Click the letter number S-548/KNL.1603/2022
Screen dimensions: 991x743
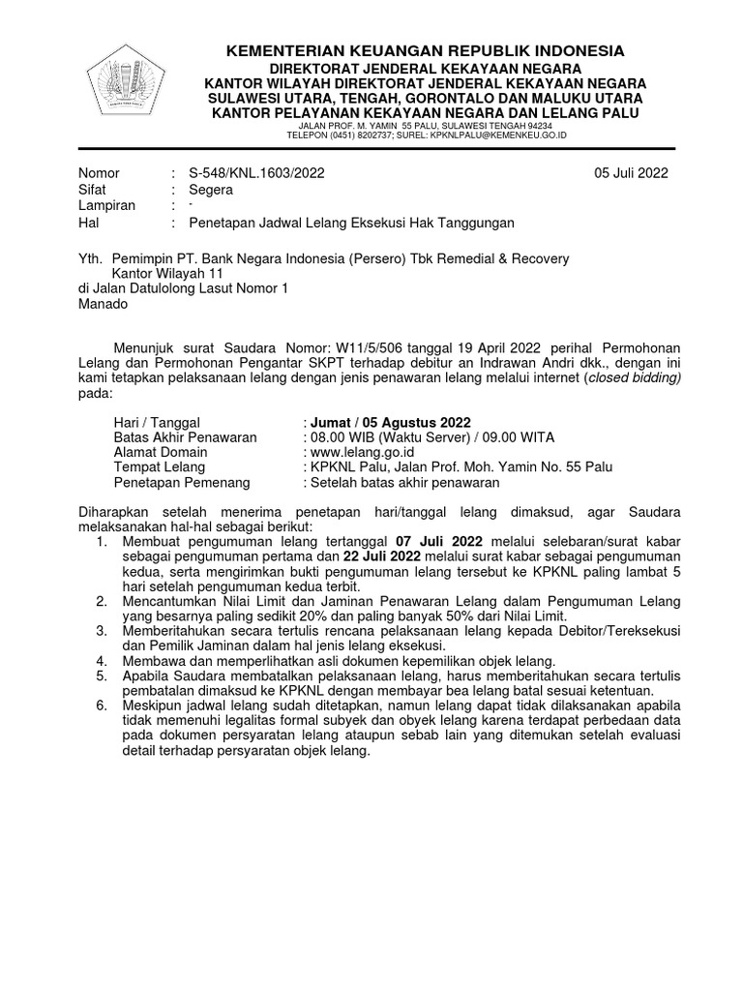[x=256, y=173]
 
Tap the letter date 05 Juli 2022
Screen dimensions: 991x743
[x=631, y=173]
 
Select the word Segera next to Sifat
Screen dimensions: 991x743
[x=211, y=190]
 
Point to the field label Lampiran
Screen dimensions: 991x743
[x=106, y=206]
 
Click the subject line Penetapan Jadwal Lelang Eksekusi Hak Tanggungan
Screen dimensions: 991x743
[x=351, y=223]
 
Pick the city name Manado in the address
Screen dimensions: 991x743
[x=103, y=303]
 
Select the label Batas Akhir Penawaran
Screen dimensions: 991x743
[x=185, y=437]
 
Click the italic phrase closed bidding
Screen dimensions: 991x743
[x=634, y=378]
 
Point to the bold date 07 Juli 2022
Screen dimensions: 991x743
[x=435, y=540]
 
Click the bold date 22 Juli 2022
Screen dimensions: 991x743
[x=382, y=556]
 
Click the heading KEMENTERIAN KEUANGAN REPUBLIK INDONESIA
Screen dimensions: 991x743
[x=426, y=50]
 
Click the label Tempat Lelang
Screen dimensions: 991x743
[x=161, y=466]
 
